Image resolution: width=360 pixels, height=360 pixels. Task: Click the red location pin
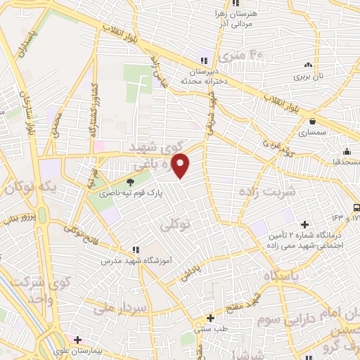pyautogui.click(x=181, y=166)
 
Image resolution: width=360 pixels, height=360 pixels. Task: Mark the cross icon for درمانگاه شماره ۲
pyautogui.click(x=304, y=224)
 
